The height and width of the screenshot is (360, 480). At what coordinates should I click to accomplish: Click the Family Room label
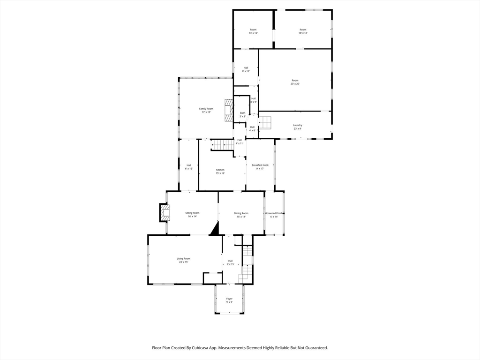point(206,109)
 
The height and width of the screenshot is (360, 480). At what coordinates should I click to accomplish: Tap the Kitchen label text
point(220,170)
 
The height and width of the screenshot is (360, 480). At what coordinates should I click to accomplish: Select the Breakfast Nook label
point(260,165)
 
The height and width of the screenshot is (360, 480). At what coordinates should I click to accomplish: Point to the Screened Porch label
point(274,213)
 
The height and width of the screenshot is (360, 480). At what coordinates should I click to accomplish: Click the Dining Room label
point(241,213)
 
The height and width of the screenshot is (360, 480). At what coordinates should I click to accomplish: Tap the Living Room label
point(183,259)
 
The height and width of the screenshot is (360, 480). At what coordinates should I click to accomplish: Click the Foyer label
point(229,299)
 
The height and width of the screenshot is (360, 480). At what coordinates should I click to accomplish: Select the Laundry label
point(298,125)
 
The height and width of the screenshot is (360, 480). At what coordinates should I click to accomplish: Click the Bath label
point(243,113)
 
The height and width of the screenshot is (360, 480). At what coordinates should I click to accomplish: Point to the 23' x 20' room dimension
point(295,84)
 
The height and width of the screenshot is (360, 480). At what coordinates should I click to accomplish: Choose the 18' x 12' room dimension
point(303,33)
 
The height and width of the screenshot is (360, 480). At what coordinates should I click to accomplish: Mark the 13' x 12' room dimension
point(253,33)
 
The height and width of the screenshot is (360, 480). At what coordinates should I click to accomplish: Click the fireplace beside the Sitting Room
point(164,213)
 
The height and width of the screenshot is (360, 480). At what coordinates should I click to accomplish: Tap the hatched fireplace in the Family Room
point(228,110)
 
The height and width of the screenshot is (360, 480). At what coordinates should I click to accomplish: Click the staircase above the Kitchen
point(222,145)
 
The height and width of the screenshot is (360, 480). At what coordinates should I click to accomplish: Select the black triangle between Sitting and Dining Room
point(215,229)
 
